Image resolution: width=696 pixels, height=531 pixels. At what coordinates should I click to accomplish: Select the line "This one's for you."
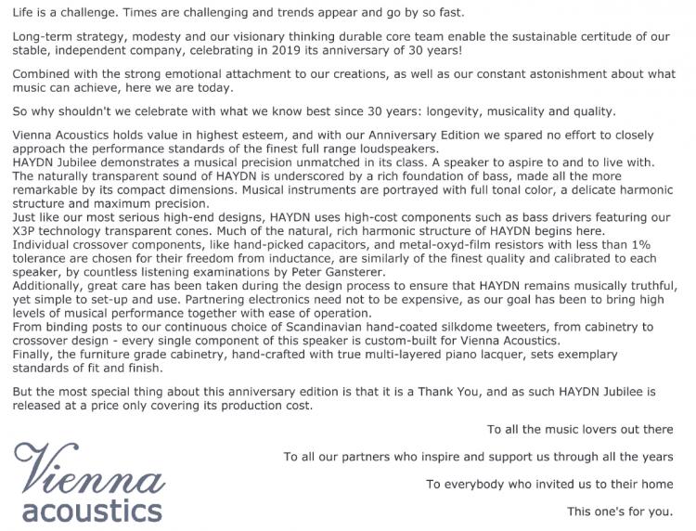[x=620, y=512]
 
